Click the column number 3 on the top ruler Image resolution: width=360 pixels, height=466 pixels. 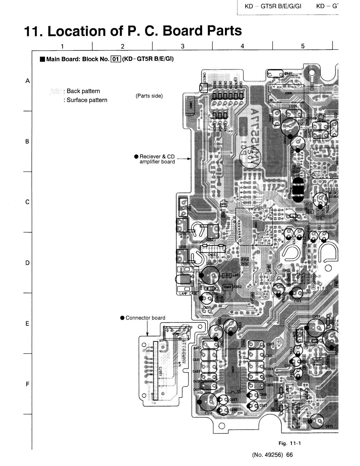[182, 46]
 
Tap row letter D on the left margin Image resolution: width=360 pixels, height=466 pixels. [27, 263]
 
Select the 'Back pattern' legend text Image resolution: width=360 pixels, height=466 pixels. [83, 91]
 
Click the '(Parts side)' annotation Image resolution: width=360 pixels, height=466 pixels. [149, 96]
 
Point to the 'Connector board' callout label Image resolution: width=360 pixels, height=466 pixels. [145, 318]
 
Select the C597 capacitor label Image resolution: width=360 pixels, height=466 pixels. [288, 73]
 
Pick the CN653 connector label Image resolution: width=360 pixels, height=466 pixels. [213, 255]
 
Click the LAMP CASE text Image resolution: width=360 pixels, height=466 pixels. [188, 294]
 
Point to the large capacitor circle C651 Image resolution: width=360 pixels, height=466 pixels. [210, 275]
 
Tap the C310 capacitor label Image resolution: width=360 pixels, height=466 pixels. [208, 413]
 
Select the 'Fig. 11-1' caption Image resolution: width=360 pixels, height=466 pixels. [290, 443]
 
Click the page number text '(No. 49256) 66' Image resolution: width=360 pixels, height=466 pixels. [272, 455]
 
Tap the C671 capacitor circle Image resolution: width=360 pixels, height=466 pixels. [317, 421]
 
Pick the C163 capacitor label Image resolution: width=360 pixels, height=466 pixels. [297, 301]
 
